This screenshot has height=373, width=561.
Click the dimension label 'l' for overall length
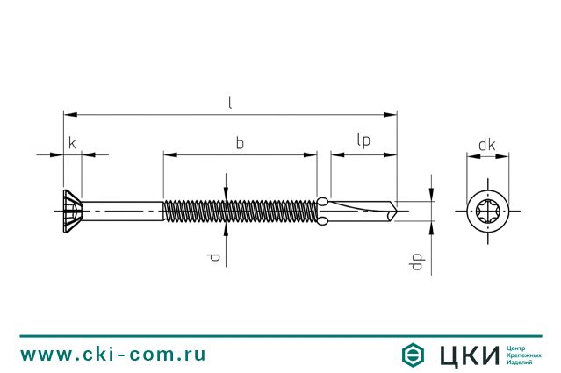click(230, 104)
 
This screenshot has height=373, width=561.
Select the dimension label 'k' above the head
click(72, 143)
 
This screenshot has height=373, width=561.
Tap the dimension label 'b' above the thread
click(240, 143)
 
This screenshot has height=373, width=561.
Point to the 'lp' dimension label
click(363, 140)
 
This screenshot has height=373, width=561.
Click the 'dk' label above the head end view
click(487, 145)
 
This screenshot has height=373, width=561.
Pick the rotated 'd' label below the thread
click(213, 257)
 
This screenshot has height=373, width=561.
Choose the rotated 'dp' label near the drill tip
click(417, 262)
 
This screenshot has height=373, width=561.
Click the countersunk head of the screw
click(73, 212)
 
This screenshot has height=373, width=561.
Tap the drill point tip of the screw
click(396, 211)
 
